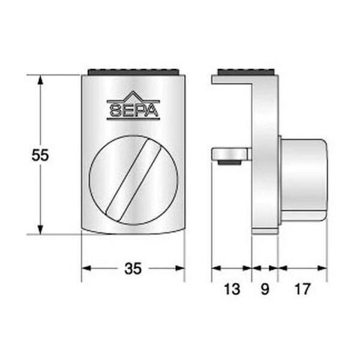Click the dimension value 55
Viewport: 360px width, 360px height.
click(40, 155)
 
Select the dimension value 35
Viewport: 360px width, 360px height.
click(133, 269)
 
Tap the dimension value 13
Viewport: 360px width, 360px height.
click(232, 289)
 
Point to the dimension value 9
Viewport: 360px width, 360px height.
click(265, 289)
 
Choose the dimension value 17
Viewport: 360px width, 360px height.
click(302, 289)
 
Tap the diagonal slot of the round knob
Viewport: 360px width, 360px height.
click(133, 180)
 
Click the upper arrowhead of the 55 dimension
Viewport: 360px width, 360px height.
click(40, 80)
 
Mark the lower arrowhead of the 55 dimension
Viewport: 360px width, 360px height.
click(40, 230)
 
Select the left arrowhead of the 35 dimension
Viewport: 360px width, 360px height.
click(86, 268)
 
